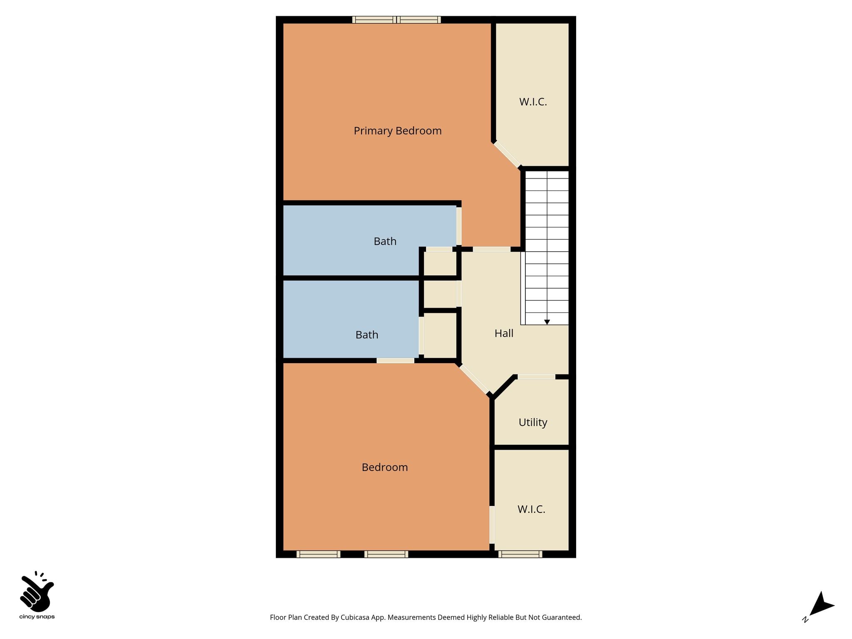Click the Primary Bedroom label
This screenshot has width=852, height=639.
click(x=397, y=131)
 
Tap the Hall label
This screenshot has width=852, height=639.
click(x=504, y=333)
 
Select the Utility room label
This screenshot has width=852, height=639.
click(x=533, y=423)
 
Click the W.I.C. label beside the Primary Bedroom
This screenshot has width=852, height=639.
click(x=533, y=102)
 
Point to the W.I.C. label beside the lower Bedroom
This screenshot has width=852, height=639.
click(x=531, y=509)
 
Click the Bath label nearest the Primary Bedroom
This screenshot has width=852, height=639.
click(x=385, y=241)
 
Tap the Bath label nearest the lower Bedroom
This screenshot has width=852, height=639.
click(x=367, y=335)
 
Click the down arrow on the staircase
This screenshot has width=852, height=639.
click(x=547, y=322)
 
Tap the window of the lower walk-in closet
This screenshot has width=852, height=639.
click(x=520, y=554)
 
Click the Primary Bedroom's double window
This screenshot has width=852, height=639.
click(x=396, y=20)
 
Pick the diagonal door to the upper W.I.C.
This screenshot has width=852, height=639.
click(x=507, y=154)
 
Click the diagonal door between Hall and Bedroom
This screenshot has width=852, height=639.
click(x=474, y=379)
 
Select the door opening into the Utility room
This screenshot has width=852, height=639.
click(x=536, y=377)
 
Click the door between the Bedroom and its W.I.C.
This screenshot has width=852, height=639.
click(x=492, y=525)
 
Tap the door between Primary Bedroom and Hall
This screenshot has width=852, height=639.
click(x=492, y=249)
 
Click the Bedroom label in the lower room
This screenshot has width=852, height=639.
click(x=385, y=467)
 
